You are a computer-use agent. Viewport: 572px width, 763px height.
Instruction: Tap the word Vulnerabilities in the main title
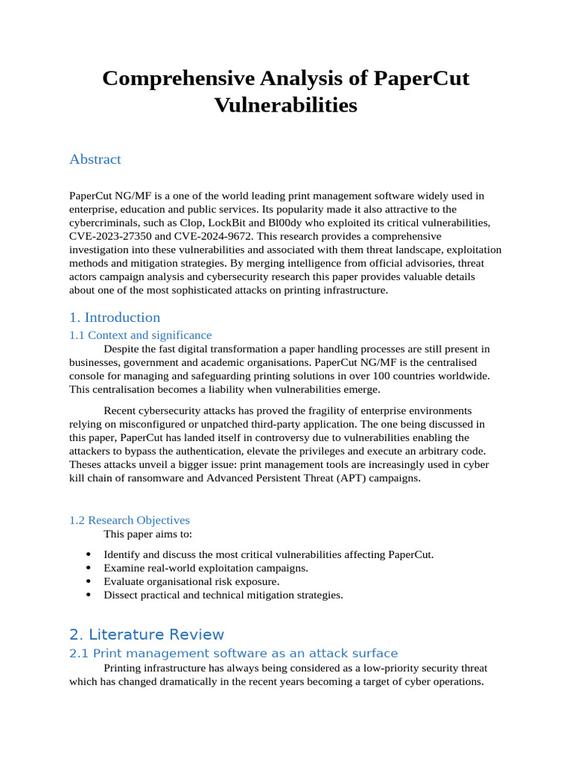285,105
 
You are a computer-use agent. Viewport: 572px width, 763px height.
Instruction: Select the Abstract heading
95,159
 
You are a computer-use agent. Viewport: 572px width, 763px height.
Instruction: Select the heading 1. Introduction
115,317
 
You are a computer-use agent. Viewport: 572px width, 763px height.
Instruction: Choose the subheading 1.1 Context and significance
140,335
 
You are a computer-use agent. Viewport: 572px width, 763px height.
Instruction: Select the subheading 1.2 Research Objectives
130,520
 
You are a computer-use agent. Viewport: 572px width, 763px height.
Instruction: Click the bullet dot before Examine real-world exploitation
89,568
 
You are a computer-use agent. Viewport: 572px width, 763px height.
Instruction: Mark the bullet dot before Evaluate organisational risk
89,581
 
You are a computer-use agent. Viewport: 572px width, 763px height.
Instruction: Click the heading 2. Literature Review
146,635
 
